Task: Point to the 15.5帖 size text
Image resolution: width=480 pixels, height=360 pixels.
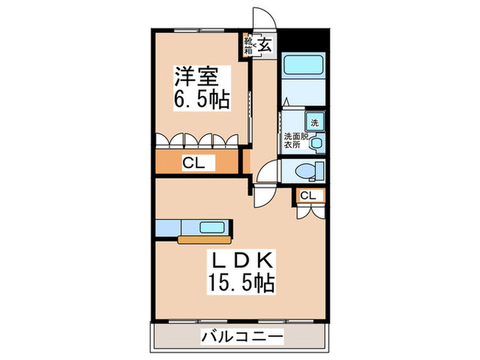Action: click(240, 283)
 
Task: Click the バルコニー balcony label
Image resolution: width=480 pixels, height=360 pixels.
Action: click(241, 337)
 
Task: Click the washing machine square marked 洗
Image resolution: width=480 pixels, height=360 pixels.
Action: click(314, 123)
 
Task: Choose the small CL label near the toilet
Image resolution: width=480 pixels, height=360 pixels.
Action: click(309, 196)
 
